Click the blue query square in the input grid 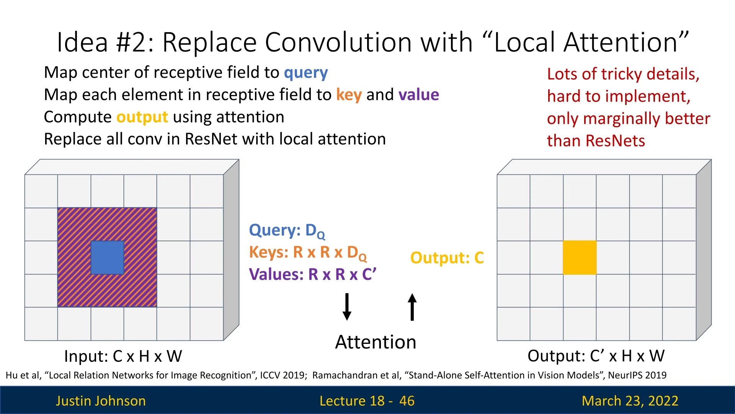click(x=107, y=258)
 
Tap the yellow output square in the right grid click(x=580, y=258)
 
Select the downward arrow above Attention click(x=347, y=307)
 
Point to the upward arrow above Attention click(x=412, y=307)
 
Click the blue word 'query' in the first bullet click(x=305, y=73)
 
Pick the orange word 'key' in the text click(x=349, y=95)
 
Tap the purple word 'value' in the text click(x=418, y=95)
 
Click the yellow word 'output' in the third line click(x=142, y=117)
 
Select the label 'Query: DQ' click(x=287, y=231)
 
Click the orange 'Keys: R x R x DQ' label click(x=308, y=253)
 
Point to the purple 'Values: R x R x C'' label click(x=312, y=274)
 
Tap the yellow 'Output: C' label click(x=447, y=258)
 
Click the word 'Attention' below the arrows click(x=376, y=342)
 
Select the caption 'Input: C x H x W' click(x=123, y=356)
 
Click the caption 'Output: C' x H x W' click(x=596, y=356)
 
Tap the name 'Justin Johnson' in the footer click(x=101, y=401)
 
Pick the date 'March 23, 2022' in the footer click(x=630, y=401)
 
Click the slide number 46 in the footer click(x=407, y=401)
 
